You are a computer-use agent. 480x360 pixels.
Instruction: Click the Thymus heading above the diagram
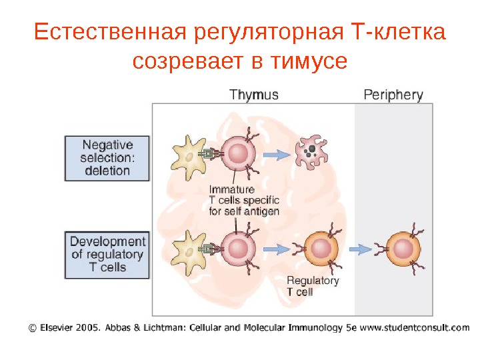click(x=254, y=95)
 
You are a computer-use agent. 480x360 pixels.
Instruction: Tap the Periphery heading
click(x=393, y=95)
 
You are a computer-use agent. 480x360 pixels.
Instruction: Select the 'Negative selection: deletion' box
click(x=107, y=158)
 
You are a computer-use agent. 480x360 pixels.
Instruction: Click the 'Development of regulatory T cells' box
click(x=107, y=254)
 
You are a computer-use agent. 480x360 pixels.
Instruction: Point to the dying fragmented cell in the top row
click(x=311, y=154)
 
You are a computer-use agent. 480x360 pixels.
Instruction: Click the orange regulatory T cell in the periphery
click(x=403, y=249)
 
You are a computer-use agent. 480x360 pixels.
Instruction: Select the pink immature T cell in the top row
click(x=238, y=154)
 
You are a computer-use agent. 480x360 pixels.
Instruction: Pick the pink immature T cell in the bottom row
click(x=238, y=249)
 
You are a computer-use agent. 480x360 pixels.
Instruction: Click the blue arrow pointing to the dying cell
click(x=275, y=155)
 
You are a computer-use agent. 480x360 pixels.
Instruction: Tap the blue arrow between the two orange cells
click(x=361, y=249)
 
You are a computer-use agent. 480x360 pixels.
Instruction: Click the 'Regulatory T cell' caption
click(x=312, y=286)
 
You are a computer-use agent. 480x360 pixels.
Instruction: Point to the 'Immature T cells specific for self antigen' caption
click(x=243, y=200)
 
